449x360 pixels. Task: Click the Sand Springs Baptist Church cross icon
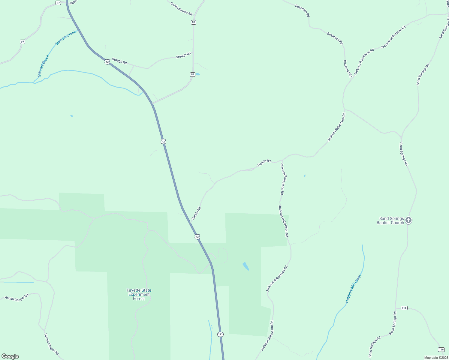click(x=408, y=220)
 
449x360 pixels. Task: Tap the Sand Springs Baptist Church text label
click(x=390, y=221)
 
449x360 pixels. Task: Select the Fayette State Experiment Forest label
click(x=139, y=294)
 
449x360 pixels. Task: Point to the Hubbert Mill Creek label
click(x=354, y=288)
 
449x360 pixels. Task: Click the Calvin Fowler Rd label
click(x=181, y=9)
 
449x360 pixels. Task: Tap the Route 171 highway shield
click(x=221, y=334)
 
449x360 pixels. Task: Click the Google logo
click(x=10, y=356)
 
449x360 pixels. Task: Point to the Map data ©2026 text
click(x=436, y=358)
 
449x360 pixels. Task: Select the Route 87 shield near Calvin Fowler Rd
click(x=194, y=22)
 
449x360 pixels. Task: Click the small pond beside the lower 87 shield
click(x=198, y=74)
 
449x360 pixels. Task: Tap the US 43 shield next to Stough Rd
click(x=107, y=62)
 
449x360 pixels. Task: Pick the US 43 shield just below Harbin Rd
click(x=197, y=237)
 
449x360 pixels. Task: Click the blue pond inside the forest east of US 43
click(x=246, y=266)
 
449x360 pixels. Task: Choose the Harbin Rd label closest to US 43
click(x=196, y=213)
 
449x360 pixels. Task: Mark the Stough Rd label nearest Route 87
click(x=183, y=55)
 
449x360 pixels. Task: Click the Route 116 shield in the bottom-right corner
click(x=441, y=349)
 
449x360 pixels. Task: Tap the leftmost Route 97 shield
click(x=23, y=42)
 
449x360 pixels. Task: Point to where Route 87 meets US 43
click(x=152, y=103)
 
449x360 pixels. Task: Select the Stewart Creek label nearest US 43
click(x=66, y=38)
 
